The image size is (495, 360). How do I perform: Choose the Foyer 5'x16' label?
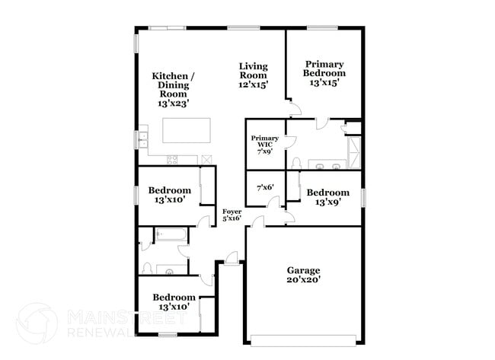232,215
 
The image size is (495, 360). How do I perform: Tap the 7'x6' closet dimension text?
264,186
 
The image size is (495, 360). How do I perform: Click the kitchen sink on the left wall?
142,140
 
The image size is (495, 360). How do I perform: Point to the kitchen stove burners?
173,159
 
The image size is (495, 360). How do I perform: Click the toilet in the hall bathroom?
148,267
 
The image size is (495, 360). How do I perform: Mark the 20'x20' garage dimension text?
303,280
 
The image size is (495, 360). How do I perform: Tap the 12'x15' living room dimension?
252,85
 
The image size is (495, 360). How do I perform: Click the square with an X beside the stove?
205,159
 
